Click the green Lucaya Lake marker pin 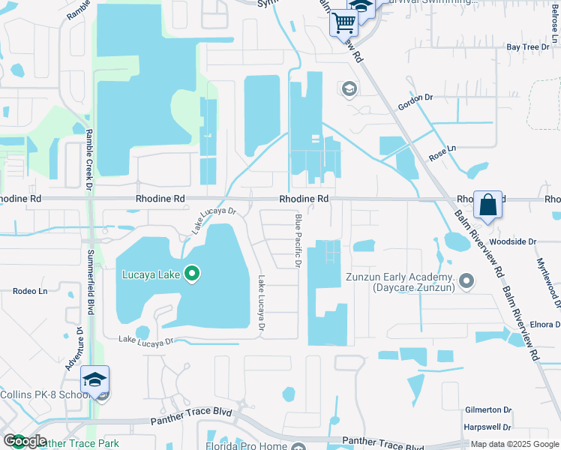pyautogui.click(x=192, y=274)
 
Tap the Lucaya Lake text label pyautogui.click(x=151, y=274)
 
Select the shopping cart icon pyautogui.click(x=343, y=22)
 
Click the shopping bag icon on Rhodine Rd pyautogui.click(x=487, y=204)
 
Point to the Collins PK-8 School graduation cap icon pyautogui.click(x=95, y=379)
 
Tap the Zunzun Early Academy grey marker pyautogui.click(x=466, y=282)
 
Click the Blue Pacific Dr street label pyautogui.click(x=298, y=241)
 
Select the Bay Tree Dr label pyautogui.click(x=523, y=47)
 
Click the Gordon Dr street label pyautogui.click(x=416, y=101)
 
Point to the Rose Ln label pyautogui.click(x=442, y=153)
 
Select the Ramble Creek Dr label pyautogui.click(x=88, y=157)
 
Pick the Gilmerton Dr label pyautogui.click(x=487, y=410)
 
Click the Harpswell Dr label pyautogui.click(x=487, y=427)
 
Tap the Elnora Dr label pyautogui.click(x=544, y=325)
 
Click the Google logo pyautogui.click(x=25, y=442)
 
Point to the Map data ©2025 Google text pyautogui.click(x=514, y=444)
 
